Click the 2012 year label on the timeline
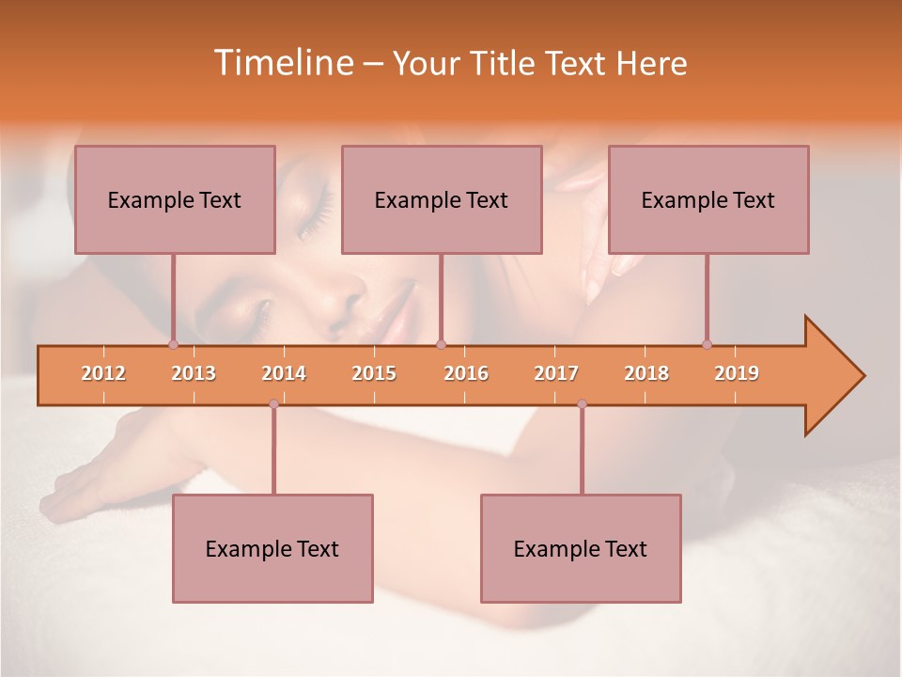(103, 373)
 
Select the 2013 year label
(194, 373)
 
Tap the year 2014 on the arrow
(284, 373)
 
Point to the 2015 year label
(374, 373)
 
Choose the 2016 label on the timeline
(466, 373)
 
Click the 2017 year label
(556, 373)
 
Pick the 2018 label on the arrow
(646, 373)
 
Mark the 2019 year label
(737, 373)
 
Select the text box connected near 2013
(175, 200)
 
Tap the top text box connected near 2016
(442, 200)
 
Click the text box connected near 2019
(708, 200)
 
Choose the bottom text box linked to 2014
(272, 549)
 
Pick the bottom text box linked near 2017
(581, 549)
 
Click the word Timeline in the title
(281, 63)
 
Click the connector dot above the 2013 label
(173, 345)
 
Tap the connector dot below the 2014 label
(273, 404)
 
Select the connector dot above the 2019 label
(707, 345)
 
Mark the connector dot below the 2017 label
(582, 404)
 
